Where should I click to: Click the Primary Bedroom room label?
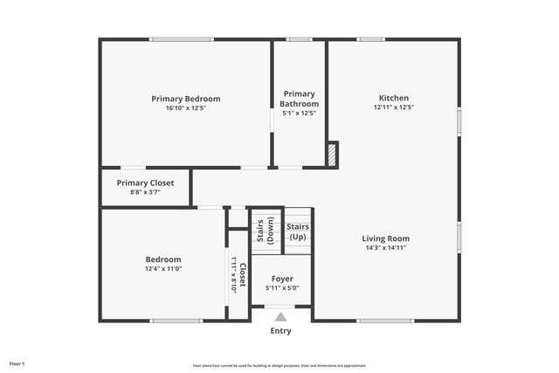[x=185, y=99]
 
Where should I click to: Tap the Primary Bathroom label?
[x=299, y=99]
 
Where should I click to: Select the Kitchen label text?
[x=393, y=98]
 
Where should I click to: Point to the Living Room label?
[x=385, y=238]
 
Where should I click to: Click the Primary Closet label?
[x=145, y=183]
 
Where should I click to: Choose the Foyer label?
[x=282, y=279]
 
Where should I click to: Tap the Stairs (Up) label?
[x=298, y=232]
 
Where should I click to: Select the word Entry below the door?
[x=280, y=331]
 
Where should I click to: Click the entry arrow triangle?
[x=280, y=317]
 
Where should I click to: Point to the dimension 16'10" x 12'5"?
[x=185, y=108]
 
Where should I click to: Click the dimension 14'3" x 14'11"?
[x=385, y=248]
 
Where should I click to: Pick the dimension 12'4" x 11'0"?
[x=162, y=269]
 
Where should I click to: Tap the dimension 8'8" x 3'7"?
[x=145, y=192]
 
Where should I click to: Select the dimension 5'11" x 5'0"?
[x=282, y=288]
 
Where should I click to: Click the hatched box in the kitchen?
[x=332, y=155]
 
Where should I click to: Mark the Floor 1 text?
[x=17, y=363]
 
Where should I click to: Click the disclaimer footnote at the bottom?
[x=279, y=366]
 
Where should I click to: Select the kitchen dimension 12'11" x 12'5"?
[x=393, y=107]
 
